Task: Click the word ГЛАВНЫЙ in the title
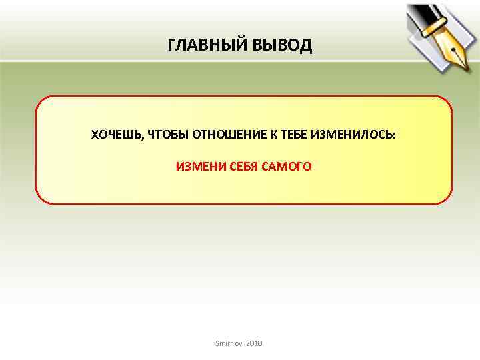(207, 45)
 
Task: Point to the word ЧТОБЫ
(167, 135)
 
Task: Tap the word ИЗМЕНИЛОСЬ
(353, 135)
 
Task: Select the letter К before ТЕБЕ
(273, 135)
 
